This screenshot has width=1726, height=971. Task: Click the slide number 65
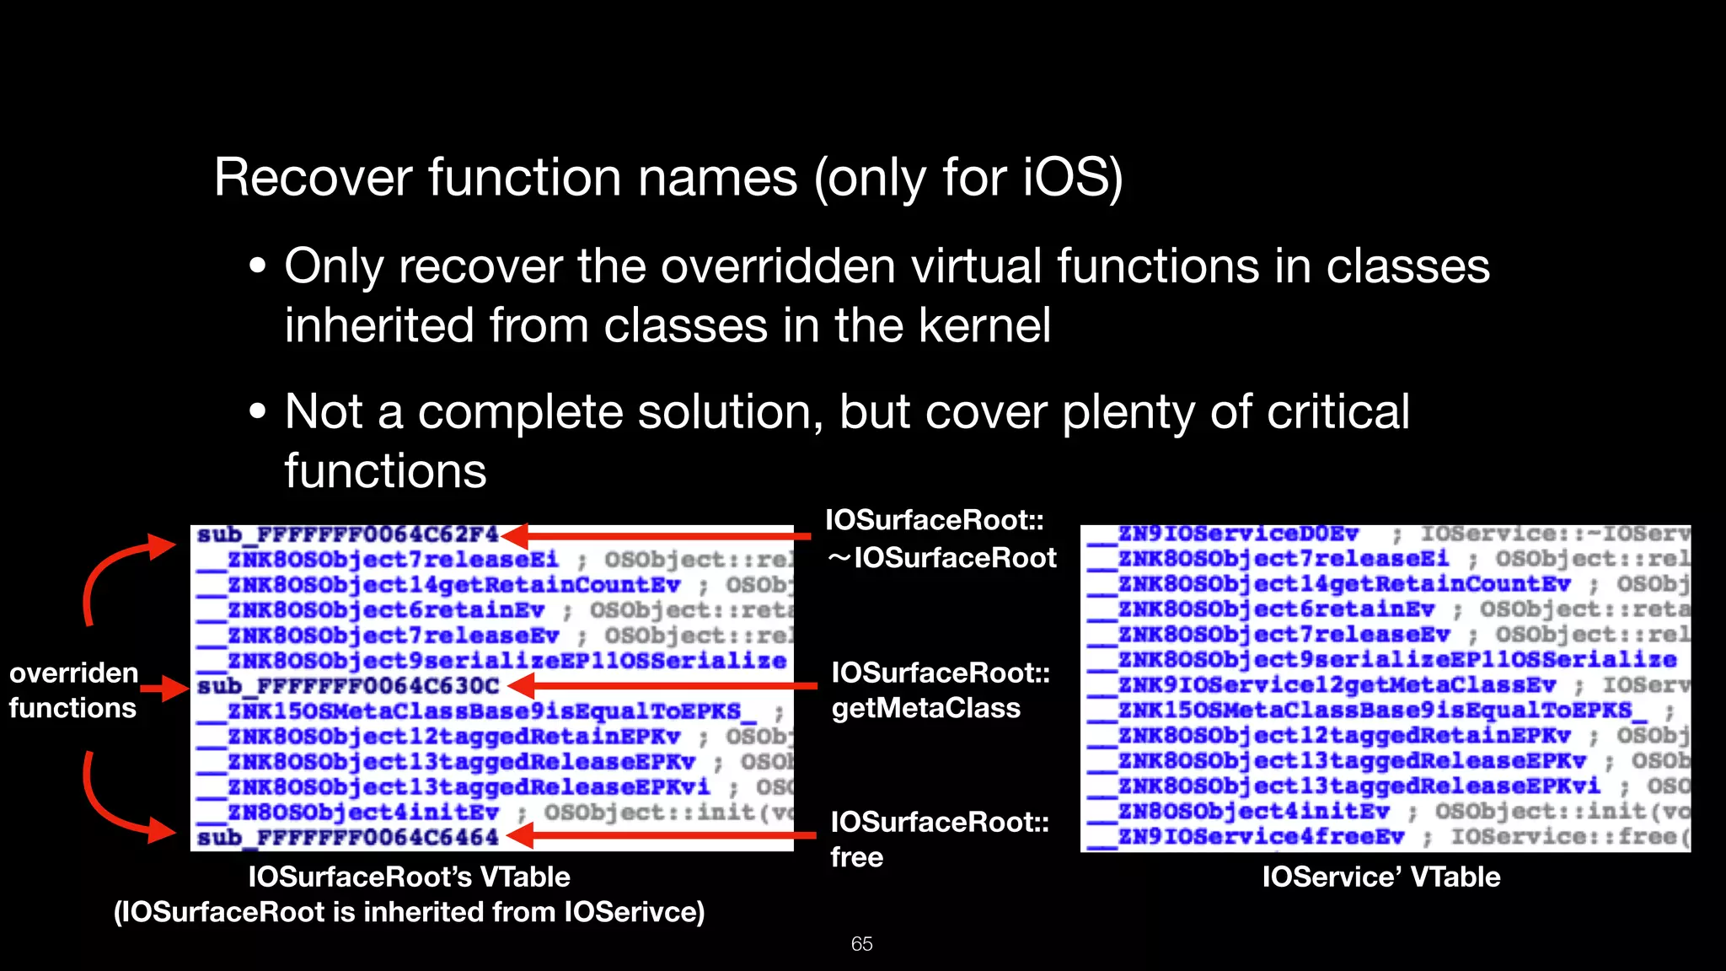click(861, 944)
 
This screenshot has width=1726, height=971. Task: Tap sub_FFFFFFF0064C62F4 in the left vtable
click(348, 535)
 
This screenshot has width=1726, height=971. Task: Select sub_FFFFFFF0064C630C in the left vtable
click(348, 686)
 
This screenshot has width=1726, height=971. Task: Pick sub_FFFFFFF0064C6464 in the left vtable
click(348, 838)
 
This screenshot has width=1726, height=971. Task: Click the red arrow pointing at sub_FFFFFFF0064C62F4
click(657, 536)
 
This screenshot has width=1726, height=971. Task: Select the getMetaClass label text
click(925, 708)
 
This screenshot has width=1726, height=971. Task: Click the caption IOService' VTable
click(1380, 877)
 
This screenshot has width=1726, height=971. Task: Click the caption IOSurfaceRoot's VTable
click(409, 877)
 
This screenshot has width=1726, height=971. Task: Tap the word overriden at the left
click(74, 673)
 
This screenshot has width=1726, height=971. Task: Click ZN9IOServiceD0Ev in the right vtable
click(1238, 534)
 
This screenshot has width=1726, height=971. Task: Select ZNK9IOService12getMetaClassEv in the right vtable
click(1337, 685)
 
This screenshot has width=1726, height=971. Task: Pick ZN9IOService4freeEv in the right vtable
click(1261, 837)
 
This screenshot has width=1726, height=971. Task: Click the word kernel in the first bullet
click(984, 325)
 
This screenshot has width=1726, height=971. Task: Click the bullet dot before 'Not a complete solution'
click(258, 412)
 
